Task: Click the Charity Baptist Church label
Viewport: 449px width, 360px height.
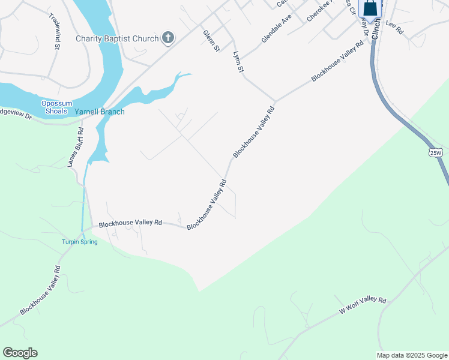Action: tap(117, 38)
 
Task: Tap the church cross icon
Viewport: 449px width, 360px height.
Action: tap(169, 38)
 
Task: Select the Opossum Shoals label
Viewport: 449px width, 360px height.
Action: tap(58, 107)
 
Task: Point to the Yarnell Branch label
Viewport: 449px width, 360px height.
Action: tap(100, 112)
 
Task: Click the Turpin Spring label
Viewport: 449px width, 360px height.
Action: tap(79, 242)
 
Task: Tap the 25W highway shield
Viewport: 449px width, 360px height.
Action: tap(436, 153)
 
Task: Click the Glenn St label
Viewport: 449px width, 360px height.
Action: tap(211, 41)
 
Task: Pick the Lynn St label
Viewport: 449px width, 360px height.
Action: tap(238, 62)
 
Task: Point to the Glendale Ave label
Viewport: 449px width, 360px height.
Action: tap(276, 29)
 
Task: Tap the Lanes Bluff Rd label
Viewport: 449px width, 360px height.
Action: tap(75, 148)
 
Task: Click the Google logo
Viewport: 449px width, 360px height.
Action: tap(20, 353)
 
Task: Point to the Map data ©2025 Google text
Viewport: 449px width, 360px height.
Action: tap(412, 355)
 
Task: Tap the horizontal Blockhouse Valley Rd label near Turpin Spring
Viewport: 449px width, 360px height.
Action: tap(130, 223)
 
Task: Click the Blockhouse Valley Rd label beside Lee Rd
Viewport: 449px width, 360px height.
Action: tap(337, 61)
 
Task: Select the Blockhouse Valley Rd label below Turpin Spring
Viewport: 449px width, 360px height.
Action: tap(40, 290)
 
